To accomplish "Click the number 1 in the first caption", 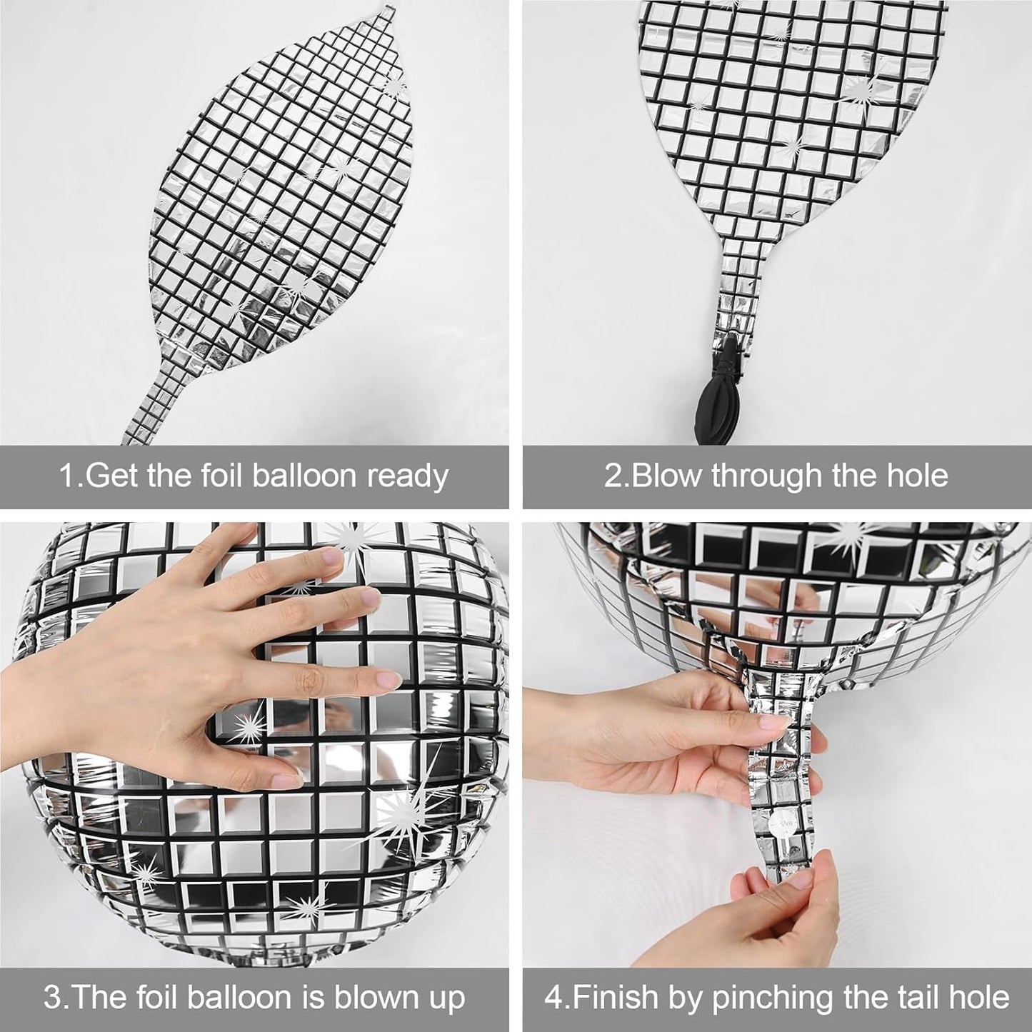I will point(65,476).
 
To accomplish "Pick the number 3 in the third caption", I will point(51,998).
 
